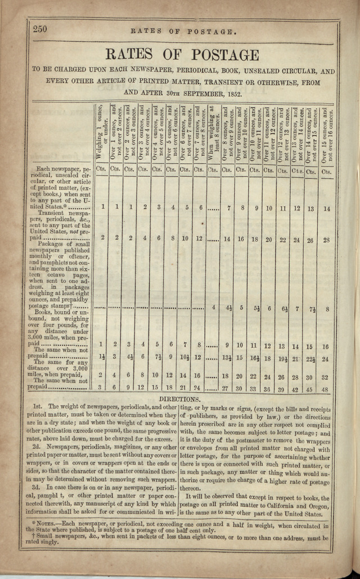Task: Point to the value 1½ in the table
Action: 102,358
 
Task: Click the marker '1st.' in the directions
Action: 38,406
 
